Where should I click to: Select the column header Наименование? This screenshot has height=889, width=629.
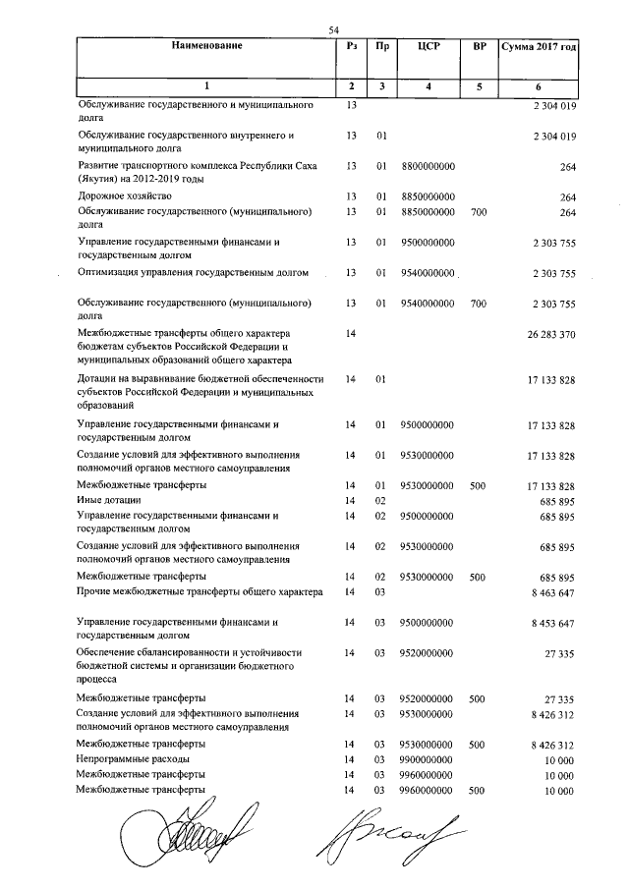[205, 46]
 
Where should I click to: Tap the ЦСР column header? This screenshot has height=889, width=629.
[428, 46]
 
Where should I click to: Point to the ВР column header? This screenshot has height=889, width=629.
[479, 46]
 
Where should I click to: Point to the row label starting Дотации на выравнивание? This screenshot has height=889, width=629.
[202, 378]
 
